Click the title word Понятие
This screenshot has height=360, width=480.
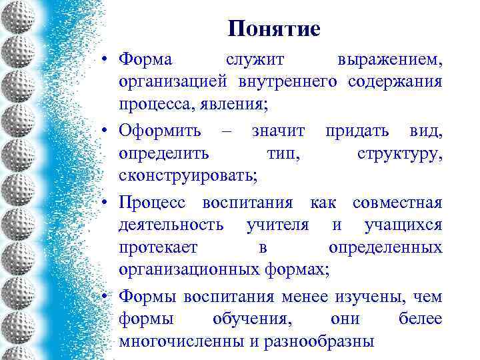(273, 29)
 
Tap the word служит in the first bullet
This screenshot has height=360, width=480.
(255, 59)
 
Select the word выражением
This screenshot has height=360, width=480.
(389, 59)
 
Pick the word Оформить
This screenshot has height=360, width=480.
(158, 131)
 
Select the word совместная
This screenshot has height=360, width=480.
(397, 203)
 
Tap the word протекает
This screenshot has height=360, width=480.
(158, 247)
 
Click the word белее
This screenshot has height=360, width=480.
(420, 319)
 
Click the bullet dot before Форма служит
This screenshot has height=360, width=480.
(106, 60)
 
